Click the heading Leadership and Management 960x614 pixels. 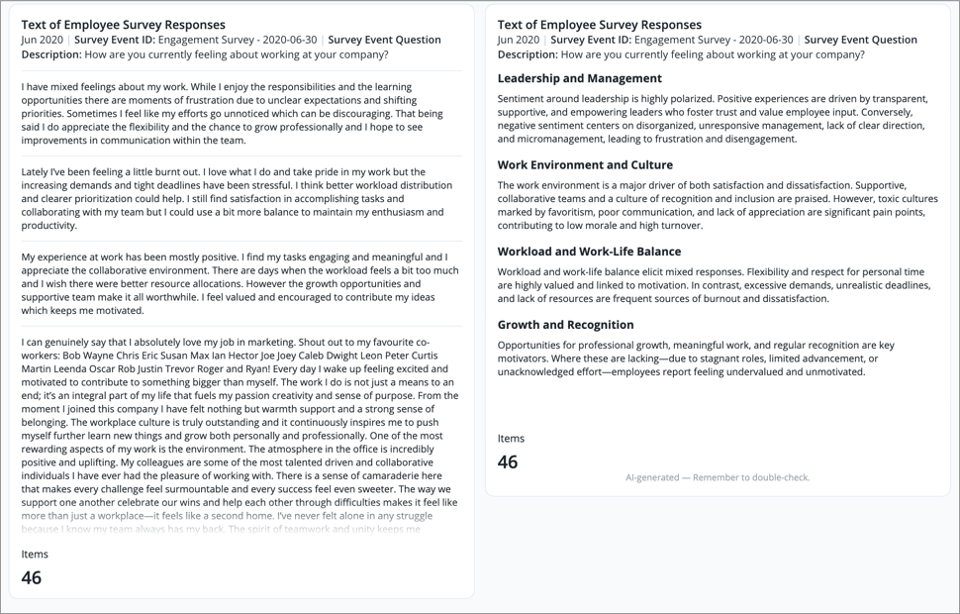pyautogui.click(x=579, y=78)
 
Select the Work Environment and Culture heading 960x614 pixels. pyautogui.click(x=585, y=165)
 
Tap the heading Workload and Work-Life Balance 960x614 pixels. pyautogui.click(x=589, y=252)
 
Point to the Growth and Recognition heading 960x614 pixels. pyautogui.click(x=564, y=325)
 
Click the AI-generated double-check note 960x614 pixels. pyautogui.click(x=718, y=477)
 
